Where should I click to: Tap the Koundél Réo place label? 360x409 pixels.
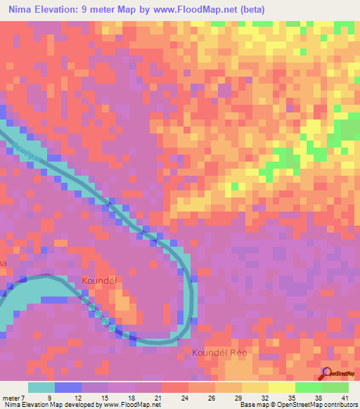(x=221, y=352)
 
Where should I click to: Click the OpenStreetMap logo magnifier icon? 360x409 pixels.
(x=326, y=372)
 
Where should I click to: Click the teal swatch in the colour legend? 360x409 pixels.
(x=41, y=387)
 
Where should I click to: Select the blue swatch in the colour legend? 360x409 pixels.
(x=68, y=387)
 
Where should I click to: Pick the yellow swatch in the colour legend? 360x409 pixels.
(x=282, y=387)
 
